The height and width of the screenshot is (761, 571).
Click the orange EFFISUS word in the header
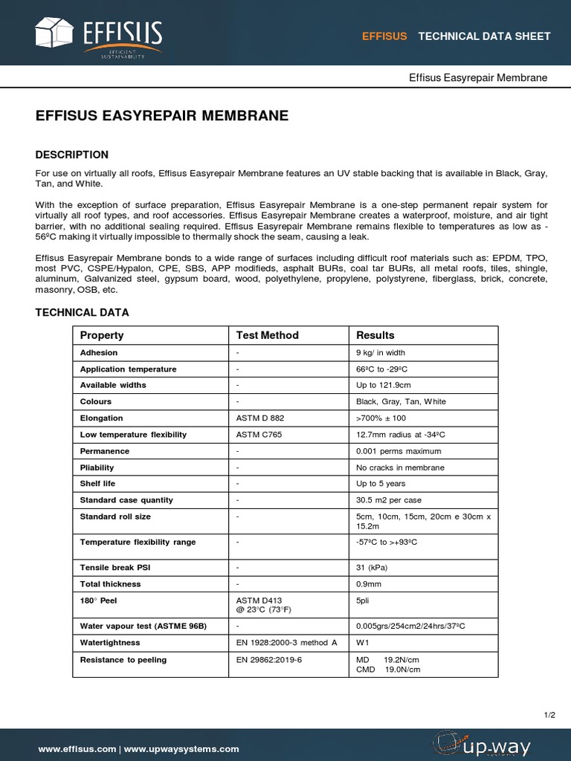coord(384,36)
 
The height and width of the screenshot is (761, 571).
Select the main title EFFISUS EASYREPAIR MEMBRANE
coord(162,116)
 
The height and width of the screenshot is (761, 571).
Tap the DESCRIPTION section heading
coord(72,155)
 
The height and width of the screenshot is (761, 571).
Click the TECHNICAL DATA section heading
coord(82,313)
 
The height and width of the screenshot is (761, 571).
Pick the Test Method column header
coord(267,335)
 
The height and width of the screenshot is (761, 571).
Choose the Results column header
coord(375,335)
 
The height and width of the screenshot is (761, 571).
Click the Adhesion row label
coord(99,352)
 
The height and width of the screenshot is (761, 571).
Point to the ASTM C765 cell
coord(259,435)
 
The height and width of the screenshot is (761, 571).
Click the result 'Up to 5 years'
coord(381,484)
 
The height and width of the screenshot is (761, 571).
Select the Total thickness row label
coord(110,584)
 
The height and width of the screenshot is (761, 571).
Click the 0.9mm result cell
coord(370,584)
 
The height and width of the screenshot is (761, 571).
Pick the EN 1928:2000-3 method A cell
coord(286,643)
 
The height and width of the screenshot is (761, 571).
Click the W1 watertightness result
coord(363,643)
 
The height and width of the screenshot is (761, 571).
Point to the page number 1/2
coord(549,715)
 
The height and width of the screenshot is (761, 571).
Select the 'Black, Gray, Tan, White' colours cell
coord(401,402)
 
